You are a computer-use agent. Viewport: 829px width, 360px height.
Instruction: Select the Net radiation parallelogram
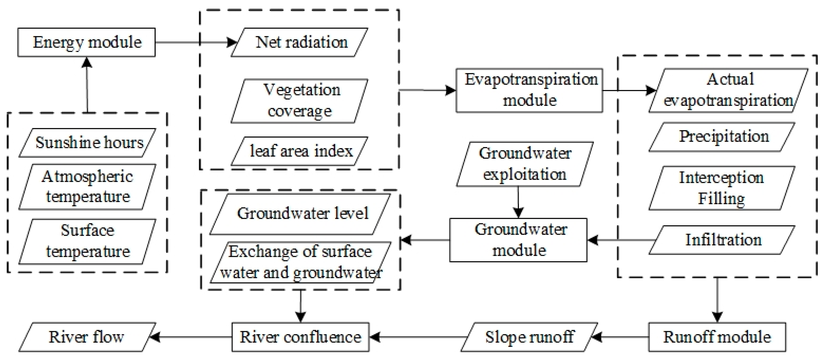click(299, 42)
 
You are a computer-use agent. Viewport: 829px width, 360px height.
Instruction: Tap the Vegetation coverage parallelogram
click(299, 101)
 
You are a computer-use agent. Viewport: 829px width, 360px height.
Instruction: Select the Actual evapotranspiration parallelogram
click(728, 90)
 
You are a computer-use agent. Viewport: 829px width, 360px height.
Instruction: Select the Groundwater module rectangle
click(518, 240)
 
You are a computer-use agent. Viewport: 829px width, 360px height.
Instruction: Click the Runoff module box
click(717, 337)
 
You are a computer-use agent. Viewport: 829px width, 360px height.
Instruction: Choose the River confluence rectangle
click(300, 337)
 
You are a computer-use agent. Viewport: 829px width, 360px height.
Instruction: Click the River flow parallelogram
click(87, 337)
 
